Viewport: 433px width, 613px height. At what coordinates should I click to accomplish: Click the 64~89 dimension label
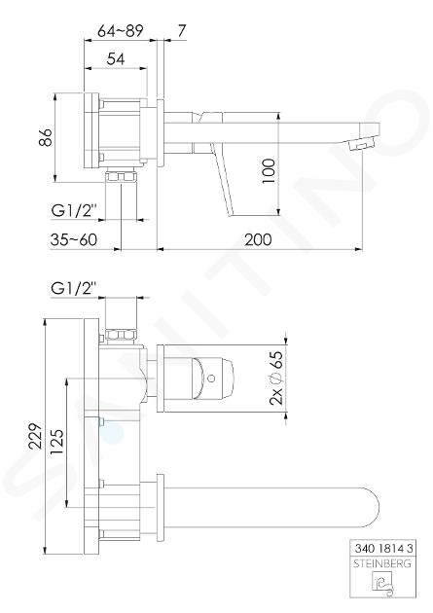coord(121,31)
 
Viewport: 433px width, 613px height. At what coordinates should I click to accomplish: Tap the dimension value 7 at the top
coord(182,31)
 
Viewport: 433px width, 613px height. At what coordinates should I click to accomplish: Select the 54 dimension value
coord(116,59)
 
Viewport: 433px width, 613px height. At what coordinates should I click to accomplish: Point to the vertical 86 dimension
coord(47,137)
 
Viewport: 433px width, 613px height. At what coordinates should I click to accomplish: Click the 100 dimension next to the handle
coord(269,171)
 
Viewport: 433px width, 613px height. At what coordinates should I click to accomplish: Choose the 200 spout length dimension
coord(258,239)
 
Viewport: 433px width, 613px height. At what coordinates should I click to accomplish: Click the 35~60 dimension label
coord(74,239)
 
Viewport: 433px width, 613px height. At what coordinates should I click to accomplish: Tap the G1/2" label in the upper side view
coord(74,211)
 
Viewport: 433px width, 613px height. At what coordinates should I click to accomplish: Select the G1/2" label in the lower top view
coord(74,289)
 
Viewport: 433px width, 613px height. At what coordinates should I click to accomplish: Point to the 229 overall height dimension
coord(36,436)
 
